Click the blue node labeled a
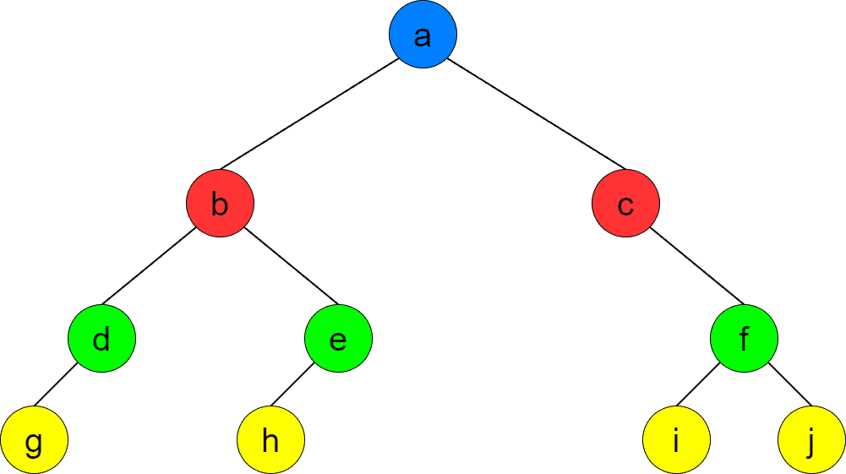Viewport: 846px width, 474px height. tap(423, 35)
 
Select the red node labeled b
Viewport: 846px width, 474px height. tap(220, 204)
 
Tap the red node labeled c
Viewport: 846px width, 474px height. tap(625, 204)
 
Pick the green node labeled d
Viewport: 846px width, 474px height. tap(101, 339)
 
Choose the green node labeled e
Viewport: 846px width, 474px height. tap(338, 339)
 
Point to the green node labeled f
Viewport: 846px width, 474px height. tap(744, 339)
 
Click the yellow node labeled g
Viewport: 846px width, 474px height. tap(34, 440)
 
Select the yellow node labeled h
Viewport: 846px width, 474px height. tap(270, 440)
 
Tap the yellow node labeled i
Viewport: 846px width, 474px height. tap(676, 440)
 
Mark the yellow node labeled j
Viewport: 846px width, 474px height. tap(811, 440)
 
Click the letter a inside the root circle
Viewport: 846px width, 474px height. tap(423, 36)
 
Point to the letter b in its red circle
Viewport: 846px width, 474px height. tap(220, 204)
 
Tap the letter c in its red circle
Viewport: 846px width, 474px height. tap(625, 205)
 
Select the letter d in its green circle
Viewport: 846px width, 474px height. tap(101, 340)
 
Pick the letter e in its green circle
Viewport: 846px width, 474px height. tap(338, 341)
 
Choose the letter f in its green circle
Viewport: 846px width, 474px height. tap(744, 339)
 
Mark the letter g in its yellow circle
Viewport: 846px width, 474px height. tap(34, 443)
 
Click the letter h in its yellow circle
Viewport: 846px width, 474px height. tap(270, 440)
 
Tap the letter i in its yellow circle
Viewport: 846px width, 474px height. tap(676, 440)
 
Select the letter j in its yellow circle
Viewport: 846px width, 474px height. tap(811, 442)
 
